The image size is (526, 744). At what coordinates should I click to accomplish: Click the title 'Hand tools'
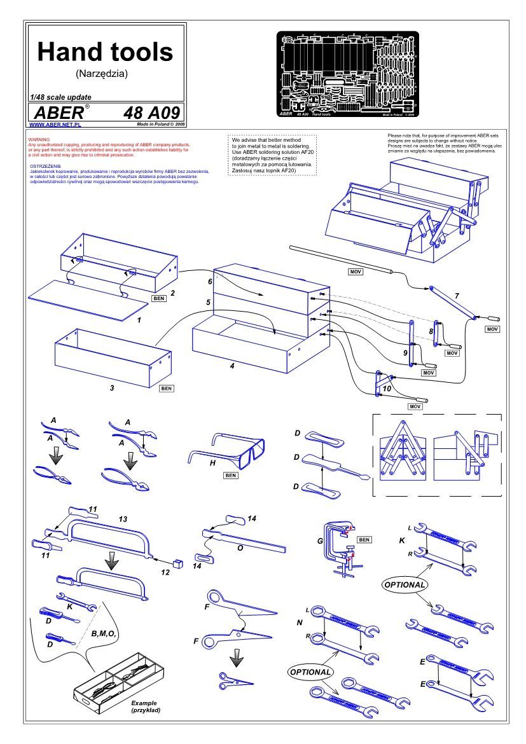click(x=105, y=52)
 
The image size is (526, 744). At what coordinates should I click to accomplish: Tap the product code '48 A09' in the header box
click(x=150, y=113)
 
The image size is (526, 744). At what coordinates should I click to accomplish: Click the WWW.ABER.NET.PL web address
click(x=50, y=126)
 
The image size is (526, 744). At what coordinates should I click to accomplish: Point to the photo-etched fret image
click(x=347, y=75)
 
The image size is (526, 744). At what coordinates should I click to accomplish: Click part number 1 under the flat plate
click(x=139, y=320)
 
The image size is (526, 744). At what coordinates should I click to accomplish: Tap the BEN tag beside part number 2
click(x=158, y=297)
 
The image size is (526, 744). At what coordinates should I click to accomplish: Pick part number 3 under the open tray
click(x=112, y=386)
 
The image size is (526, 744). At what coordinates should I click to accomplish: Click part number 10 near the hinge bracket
click(x=387, y=388)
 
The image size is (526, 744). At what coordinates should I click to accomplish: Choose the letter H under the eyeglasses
click(x=213, y=464)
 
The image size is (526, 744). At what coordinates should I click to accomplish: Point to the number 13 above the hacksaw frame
click(x=123, y=519)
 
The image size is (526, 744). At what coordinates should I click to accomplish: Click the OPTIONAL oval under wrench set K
click(x=404, y=583)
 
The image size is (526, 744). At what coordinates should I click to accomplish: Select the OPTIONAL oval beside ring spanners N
click(x=310, y=672)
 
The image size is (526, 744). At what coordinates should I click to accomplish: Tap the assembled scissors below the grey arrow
click(x=235, y=679)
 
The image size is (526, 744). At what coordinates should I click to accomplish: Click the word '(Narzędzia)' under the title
click(x=102, y=73)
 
